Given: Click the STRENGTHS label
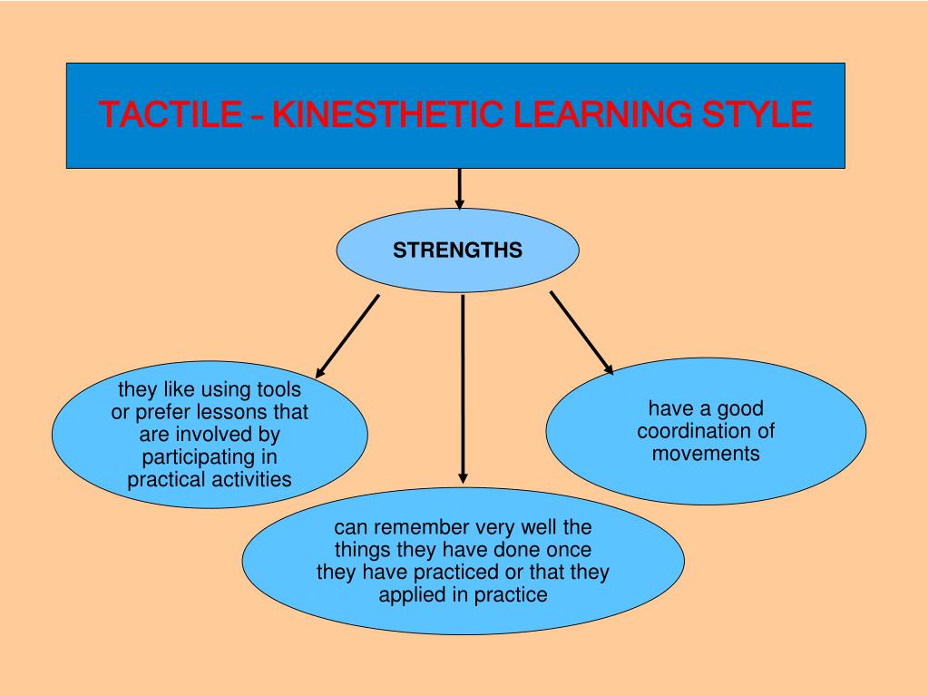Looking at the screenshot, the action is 457,250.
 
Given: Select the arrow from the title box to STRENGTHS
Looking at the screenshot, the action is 460,189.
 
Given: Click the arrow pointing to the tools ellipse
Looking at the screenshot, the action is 347,336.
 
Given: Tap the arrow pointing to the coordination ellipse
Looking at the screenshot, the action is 581,332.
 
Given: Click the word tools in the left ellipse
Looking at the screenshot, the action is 277,390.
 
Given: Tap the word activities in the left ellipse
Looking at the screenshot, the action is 251,479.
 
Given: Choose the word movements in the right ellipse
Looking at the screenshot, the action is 706,453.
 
